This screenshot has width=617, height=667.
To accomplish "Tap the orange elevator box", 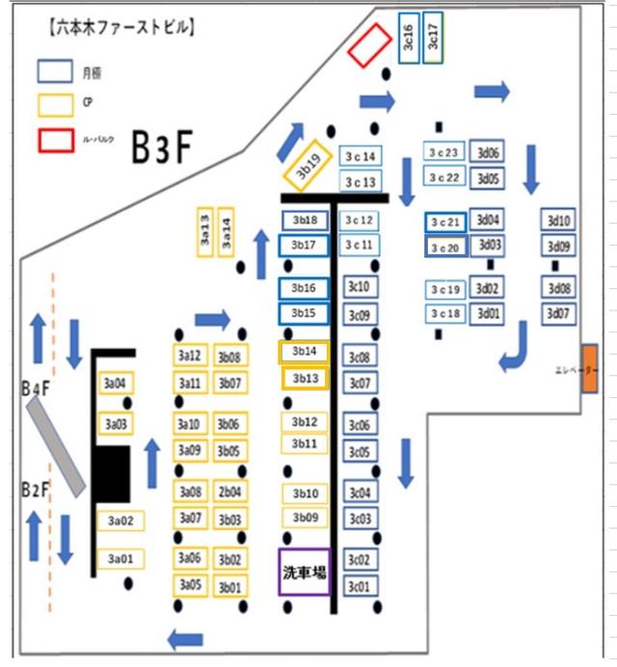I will point(590,369).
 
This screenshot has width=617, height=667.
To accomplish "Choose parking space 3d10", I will point(559,220).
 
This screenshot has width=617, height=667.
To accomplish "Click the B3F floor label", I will point(163,147).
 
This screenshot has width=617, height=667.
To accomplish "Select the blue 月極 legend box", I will point(54,70).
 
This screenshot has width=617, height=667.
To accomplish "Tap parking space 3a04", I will point(115,384).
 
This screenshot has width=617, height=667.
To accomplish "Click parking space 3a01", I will point(120,559).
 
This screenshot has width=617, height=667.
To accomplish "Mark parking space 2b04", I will point(229,493).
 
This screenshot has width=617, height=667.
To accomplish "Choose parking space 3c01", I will point(360,586).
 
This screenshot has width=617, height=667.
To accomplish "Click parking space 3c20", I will point(446,247).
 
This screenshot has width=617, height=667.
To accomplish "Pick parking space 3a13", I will point(204,232).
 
